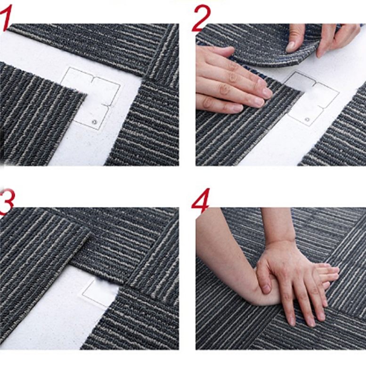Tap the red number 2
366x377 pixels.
[x=201, y=19]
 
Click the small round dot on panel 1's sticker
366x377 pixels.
[x=94, y=122]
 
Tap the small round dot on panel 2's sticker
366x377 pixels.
[x=307, y=119]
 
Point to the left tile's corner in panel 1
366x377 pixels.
[x=85, y=94]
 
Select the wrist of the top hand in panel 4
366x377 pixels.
[x=279, y=245]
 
